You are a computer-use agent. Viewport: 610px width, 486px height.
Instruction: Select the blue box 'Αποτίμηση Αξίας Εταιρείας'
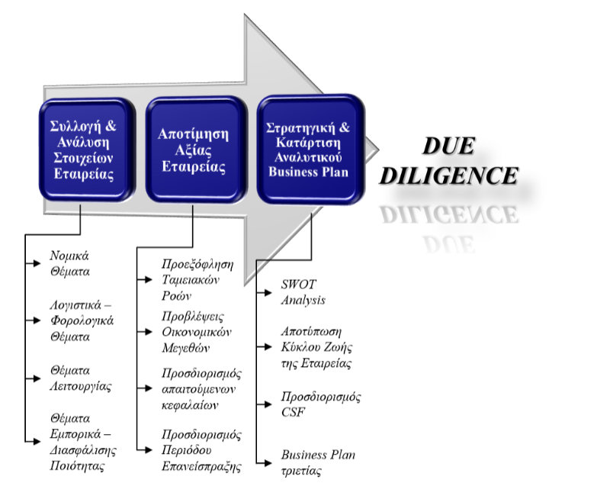tap(197, 150)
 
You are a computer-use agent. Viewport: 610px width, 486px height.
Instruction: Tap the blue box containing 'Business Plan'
tap(310, 149)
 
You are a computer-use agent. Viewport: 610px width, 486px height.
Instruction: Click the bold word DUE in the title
tap(449, 146)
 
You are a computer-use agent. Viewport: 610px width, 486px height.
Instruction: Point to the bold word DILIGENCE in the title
tap(449, 175)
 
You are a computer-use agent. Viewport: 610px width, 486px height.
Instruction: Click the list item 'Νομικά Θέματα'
tap(69, 263)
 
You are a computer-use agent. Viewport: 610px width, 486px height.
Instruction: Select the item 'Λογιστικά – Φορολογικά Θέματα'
tap(82, 320)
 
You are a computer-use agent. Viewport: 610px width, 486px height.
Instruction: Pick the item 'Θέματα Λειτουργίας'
tap(81, 378)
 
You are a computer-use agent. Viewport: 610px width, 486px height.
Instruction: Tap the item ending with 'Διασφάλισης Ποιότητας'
tap(83, 442)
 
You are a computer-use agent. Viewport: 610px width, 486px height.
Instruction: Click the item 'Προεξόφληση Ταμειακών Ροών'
tap(197, 280)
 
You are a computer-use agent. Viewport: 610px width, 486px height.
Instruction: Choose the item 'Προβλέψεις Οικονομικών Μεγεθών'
tap(197, 332)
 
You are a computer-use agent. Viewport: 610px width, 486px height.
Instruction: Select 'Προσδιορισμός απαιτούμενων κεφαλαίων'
tap(201, 388)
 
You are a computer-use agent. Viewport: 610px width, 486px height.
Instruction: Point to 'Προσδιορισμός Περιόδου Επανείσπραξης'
tap(201, 450)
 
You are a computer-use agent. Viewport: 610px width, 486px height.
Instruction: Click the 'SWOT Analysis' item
tap(303, 292)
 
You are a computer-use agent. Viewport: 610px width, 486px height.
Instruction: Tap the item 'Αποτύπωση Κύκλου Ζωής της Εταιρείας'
tap(316, 347)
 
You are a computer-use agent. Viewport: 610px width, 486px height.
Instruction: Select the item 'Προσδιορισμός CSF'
tap(321, 404)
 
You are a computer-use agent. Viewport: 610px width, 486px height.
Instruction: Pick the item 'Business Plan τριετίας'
tap(318, 462)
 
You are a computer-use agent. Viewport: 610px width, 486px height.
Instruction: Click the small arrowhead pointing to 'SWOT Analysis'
tap(268, 293)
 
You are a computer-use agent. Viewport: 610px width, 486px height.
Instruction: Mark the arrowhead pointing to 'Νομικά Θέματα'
tap(37, 263)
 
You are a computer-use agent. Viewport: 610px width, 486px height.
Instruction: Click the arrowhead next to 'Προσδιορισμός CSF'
tap(268, 404)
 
